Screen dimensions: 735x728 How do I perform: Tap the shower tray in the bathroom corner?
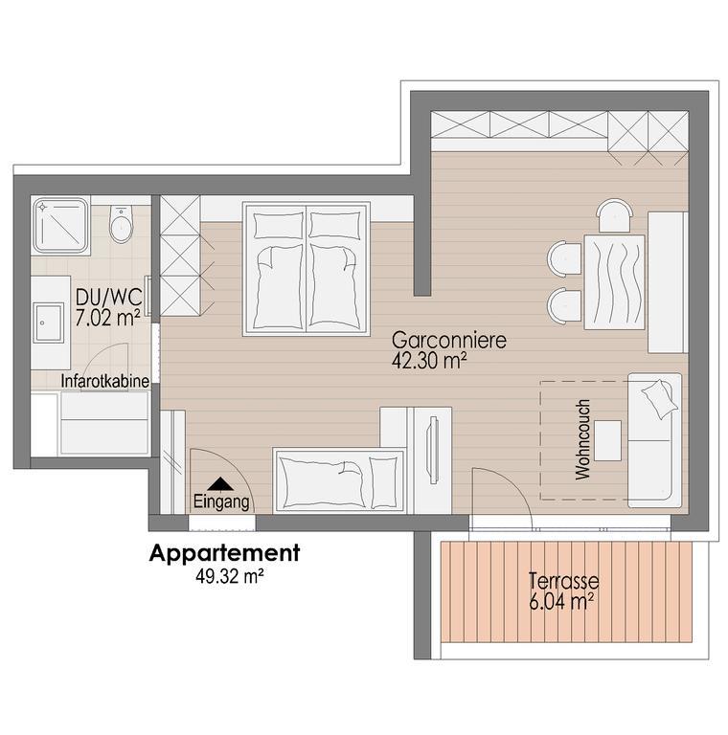pyautogui.click(x=60, y=227)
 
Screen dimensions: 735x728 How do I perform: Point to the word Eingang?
pyautogui.click(x=221, y=501)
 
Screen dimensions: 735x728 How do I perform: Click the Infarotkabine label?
pyautogui.click(x=104, y=382)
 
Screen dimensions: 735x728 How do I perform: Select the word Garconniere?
pyautogui.click(x=448, y=341)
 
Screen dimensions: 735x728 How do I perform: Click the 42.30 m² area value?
pyautogui.click(x=429, y=360)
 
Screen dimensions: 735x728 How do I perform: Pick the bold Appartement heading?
pyautogui.click(x=224, y=553)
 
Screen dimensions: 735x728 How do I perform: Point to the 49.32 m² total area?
pyautogui.click(x=229, y=575)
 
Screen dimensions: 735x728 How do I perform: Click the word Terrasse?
pyautogui.click(x=563, y=581)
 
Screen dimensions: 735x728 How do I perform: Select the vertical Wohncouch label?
pyautogui.click(x=582, y=439)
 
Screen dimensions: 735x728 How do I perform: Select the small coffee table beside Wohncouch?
pyautogui.click(x=607, y=439)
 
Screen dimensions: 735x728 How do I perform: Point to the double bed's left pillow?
pyautogui.click(x=276, y=226)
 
